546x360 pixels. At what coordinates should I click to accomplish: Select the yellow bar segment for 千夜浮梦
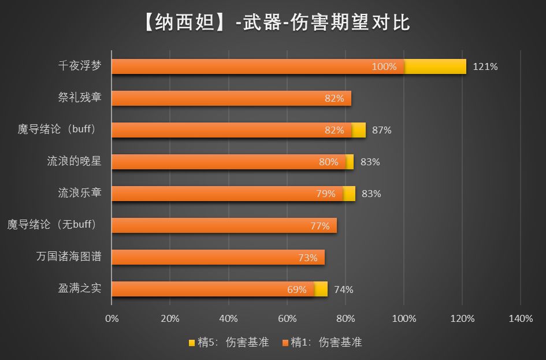point(435,66)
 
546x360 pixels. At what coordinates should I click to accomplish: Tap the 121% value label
point(485,66)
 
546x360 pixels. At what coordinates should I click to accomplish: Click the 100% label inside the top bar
point(384,66)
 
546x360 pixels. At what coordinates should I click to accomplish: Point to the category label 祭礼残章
point(80,98)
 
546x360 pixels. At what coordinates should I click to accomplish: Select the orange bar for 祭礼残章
point(231,98)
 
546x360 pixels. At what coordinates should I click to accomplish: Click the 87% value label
point(382,130)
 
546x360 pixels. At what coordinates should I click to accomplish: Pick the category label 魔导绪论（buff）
point(57,129)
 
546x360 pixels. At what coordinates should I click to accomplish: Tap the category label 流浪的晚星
point(74,161)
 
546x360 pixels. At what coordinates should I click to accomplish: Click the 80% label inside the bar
point(329,162)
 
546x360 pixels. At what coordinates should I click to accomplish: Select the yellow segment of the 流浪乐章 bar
point(349,194)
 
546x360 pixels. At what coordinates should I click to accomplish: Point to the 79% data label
point(326,194)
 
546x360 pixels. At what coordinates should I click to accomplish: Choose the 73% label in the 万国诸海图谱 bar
point(308,258)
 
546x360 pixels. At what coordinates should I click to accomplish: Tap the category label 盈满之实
point(80,288)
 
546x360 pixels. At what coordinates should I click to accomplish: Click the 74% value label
point(344,290)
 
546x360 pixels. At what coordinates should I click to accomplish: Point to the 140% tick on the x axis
point(521,319)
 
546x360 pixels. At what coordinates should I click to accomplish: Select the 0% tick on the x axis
point(112,319)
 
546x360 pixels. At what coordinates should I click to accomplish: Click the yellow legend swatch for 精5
point(192,343)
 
